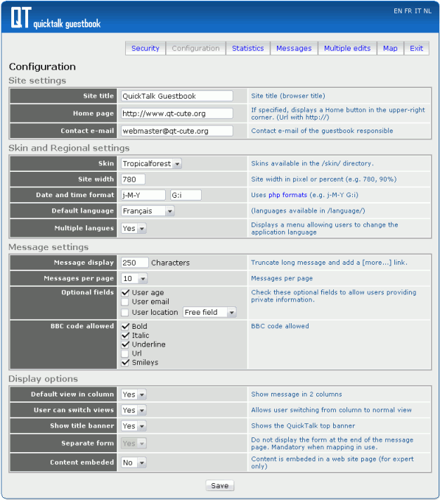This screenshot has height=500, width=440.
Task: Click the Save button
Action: [219, 486]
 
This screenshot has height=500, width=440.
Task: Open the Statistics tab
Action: [248, 49]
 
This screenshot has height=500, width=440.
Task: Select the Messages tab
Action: [294, 49]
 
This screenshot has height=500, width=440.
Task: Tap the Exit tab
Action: [417, 49]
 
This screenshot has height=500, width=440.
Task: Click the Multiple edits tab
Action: [347, 49]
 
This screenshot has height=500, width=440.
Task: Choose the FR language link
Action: [408, 11]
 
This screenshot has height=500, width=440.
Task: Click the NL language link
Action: [428, 11]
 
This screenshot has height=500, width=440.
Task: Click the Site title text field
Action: [176, 96]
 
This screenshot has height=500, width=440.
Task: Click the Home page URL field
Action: [176, 113]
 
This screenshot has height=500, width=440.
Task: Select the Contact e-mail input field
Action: [176, 131]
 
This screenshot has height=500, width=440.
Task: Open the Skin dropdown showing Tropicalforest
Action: [151, 163]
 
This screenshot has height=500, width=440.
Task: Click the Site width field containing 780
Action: [134, 179]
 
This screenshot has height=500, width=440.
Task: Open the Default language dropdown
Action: [148, 211]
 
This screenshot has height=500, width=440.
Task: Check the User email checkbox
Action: [125, 302]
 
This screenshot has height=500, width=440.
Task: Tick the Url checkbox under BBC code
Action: [125, 354]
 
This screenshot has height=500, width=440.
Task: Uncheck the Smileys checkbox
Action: [125, 363]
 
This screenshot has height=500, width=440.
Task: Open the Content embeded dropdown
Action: [134, 463]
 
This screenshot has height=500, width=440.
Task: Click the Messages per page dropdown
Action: [134, 279]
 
